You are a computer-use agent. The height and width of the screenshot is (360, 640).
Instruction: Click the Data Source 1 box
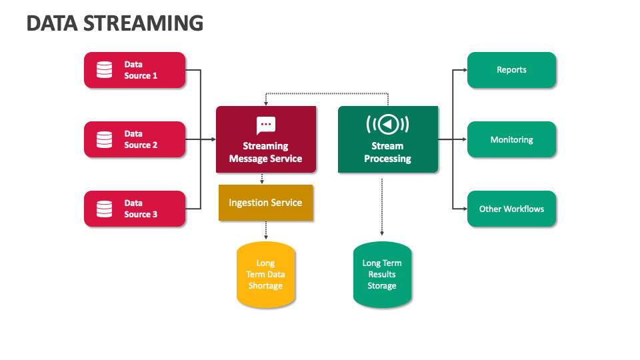point(134,70)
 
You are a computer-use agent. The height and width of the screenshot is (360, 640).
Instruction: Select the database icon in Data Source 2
point(104,139)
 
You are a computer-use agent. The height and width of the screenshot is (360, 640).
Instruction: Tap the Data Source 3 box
point(134,209)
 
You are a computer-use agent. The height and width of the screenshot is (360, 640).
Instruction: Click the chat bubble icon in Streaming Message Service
point(266,125)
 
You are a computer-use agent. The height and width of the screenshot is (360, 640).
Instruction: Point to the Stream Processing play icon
point(387,125)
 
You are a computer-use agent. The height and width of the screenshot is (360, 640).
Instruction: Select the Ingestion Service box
point(265,203)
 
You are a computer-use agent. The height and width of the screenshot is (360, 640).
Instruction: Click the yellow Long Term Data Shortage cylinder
point(265,275)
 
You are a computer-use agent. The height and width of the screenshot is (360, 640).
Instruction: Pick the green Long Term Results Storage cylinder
point(382,275)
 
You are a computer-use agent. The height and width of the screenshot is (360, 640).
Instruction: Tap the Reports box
point(511,70)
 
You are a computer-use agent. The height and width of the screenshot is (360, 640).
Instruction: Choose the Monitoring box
point(511,139)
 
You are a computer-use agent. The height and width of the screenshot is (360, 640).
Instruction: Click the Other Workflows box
point(511,209)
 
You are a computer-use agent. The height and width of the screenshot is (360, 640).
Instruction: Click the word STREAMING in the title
point(139,23)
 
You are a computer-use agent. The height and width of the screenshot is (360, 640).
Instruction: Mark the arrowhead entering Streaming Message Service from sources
point(212,139)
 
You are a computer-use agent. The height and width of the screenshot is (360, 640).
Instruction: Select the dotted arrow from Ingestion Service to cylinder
point(265,231)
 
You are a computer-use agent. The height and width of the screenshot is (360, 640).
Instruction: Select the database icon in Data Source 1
point(104,70)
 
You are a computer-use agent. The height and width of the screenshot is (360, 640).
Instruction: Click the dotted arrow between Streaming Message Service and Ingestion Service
point(261,179)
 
